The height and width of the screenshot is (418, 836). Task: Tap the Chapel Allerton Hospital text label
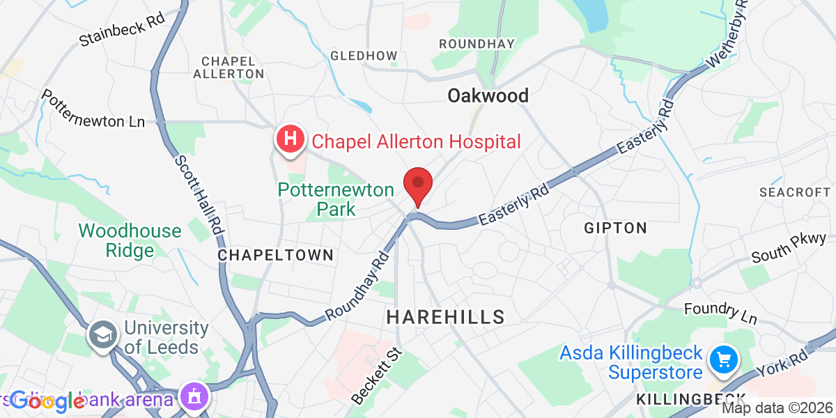416,142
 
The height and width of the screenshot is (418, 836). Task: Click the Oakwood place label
488,95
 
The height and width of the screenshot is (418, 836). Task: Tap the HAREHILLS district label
445,317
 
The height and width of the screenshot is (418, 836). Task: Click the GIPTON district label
616,228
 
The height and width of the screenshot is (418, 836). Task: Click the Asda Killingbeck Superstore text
631,364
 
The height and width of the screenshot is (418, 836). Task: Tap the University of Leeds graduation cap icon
102,336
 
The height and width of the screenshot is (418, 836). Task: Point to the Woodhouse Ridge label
130,240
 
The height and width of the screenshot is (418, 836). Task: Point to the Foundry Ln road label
720,313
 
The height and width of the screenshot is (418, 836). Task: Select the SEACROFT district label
795,192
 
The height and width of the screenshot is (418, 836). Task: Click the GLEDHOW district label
364,56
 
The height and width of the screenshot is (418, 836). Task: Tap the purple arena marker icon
194,397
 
